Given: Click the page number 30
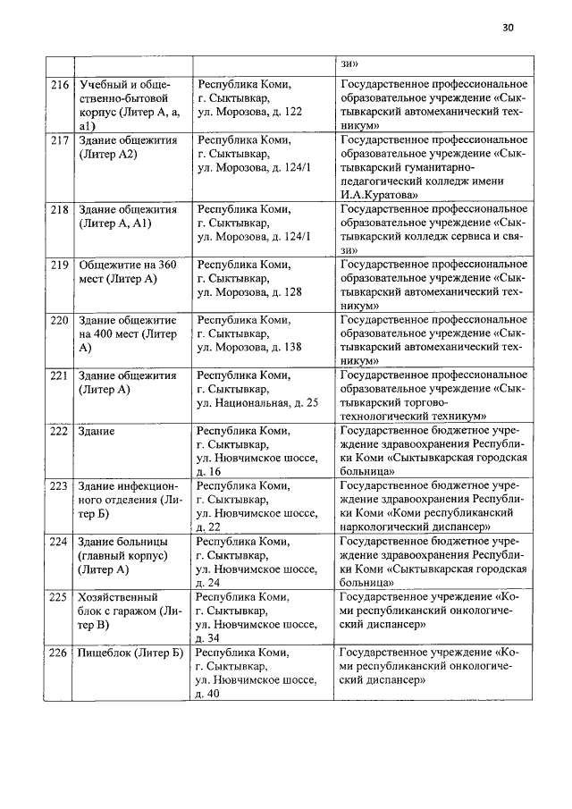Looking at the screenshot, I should coord(508,28).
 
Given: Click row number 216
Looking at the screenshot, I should coord(60,86).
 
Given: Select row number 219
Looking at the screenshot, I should coord(60,265).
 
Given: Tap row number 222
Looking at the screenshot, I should coord(60,431).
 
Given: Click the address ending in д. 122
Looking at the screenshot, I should coord(249,112).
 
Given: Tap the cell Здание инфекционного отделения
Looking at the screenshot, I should coord(130,500).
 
